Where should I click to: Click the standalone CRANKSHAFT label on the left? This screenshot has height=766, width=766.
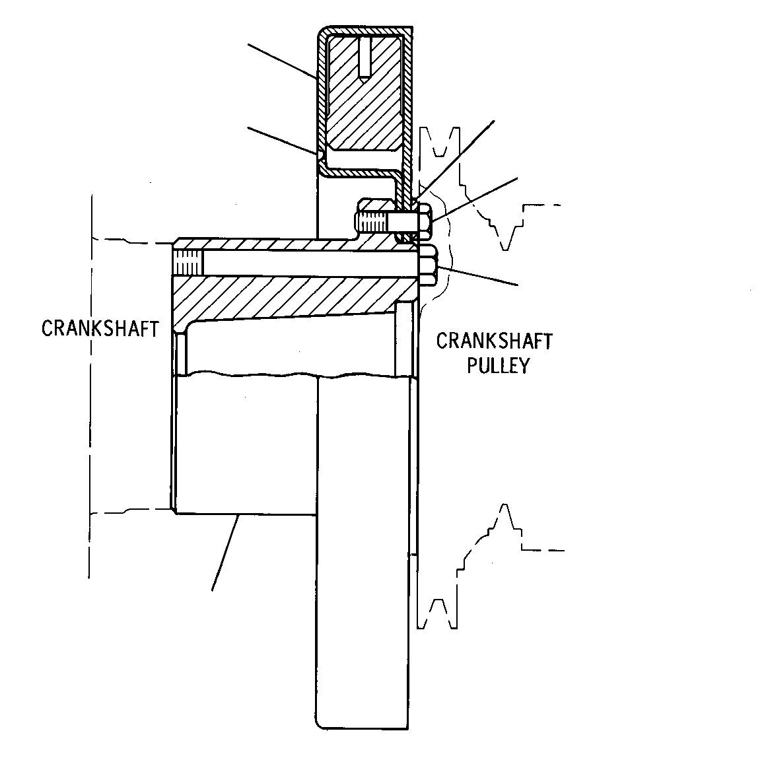tap(100, 328)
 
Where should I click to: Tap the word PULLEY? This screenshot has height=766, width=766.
tap(498, 365)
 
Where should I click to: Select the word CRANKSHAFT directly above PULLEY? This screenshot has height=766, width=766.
tap(494, 341)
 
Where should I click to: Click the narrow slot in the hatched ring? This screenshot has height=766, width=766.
tap(365, 57)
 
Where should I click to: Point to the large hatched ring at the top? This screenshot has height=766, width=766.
tap(365, 93)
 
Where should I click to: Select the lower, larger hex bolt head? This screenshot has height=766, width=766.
tap(429, 265)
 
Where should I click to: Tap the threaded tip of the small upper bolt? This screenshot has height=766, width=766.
tap(372, 222)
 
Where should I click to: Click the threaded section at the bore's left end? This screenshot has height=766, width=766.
tap(188, 262)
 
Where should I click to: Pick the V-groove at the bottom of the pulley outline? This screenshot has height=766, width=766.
tap(438, 613)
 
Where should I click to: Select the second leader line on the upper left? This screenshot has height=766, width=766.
tap(283, 141)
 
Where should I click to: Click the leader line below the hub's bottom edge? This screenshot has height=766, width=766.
tap(225, 552)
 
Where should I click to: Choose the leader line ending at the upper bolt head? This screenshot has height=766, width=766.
tap(475, 199)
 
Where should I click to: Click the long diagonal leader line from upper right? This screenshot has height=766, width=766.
tap(454, 160)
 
